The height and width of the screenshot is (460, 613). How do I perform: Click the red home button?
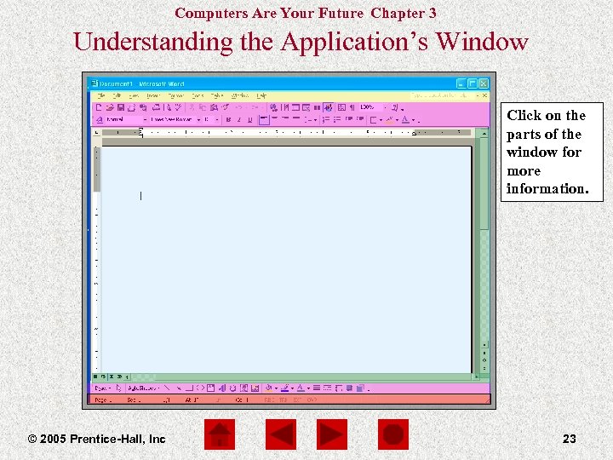pos(220,435)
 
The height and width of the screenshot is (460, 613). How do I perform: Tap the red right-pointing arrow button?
pos(332,435)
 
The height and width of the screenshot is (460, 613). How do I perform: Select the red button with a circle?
pos(393,435)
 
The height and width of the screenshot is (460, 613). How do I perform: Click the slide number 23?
pos(570,439)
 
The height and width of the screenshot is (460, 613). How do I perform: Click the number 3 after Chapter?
pos(433,13)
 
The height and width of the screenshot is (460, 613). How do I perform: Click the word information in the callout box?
pos(547,189)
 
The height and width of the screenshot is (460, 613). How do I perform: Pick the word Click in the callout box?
pos(523,116)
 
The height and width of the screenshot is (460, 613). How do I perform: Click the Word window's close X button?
pos(484,83)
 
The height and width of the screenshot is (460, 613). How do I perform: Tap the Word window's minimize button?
pos(461,83)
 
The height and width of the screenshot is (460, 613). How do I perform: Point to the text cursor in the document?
pos(140,196)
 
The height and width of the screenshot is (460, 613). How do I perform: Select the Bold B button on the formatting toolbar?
pos(227,120)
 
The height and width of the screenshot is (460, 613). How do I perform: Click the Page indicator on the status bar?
pos(102,399)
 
